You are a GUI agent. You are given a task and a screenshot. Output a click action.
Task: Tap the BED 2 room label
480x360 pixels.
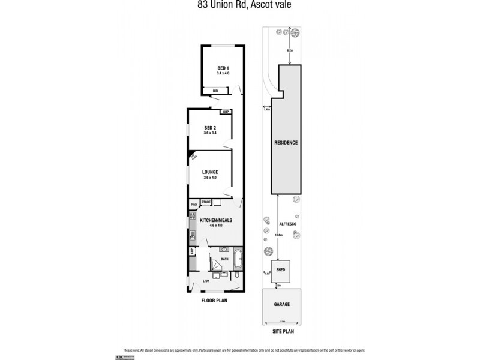point(209,128)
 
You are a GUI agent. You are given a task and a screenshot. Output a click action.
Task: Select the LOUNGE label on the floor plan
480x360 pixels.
point(209,172)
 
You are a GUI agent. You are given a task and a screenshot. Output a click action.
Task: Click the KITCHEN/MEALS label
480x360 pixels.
point(215,220)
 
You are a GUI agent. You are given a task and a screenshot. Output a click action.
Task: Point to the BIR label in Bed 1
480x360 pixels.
point(215,91)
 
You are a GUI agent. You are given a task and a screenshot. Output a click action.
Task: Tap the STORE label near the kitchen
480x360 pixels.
point(206,202)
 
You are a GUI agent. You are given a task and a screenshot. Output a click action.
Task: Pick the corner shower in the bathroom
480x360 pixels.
point(214,264)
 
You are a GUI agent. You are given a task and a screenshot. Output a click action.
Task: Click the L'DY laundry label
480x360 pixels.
point(206,281)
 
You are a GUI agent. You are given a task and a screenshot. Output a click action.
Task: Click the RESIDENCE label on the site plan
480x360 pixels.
point(286,142)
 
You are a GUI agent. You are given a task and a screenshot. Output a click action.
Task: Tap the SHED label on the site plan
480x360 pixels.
point(280,269)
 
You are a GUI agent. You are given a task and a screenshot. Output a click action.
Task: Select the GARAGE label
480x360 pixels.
point(282,304)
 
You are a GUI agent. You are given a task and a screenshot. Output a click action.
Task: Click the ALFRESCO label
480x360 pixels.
point(287,223)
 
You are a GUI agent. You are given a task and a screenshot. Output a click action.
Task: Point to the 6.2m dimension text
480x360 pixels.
point(290,50)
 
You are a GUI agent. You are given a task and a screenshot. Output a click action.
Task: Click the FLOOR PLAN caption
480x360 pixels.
point(214,303)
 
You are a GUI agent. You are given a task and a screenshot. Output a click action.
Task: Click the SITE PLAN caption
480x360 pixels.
point(282,331)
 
